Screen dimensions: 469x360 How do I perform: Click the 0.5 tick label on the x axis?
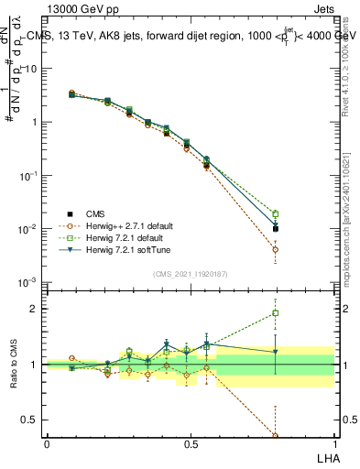click(191, 443)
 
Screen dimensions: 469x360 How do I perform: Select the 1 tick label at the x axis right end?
click(333, 443)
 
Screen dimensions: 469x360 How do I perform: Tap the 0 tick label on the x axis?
click(47, 443)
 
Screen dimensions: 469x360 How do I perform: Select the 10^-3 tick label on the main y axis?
click(27, 282)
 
